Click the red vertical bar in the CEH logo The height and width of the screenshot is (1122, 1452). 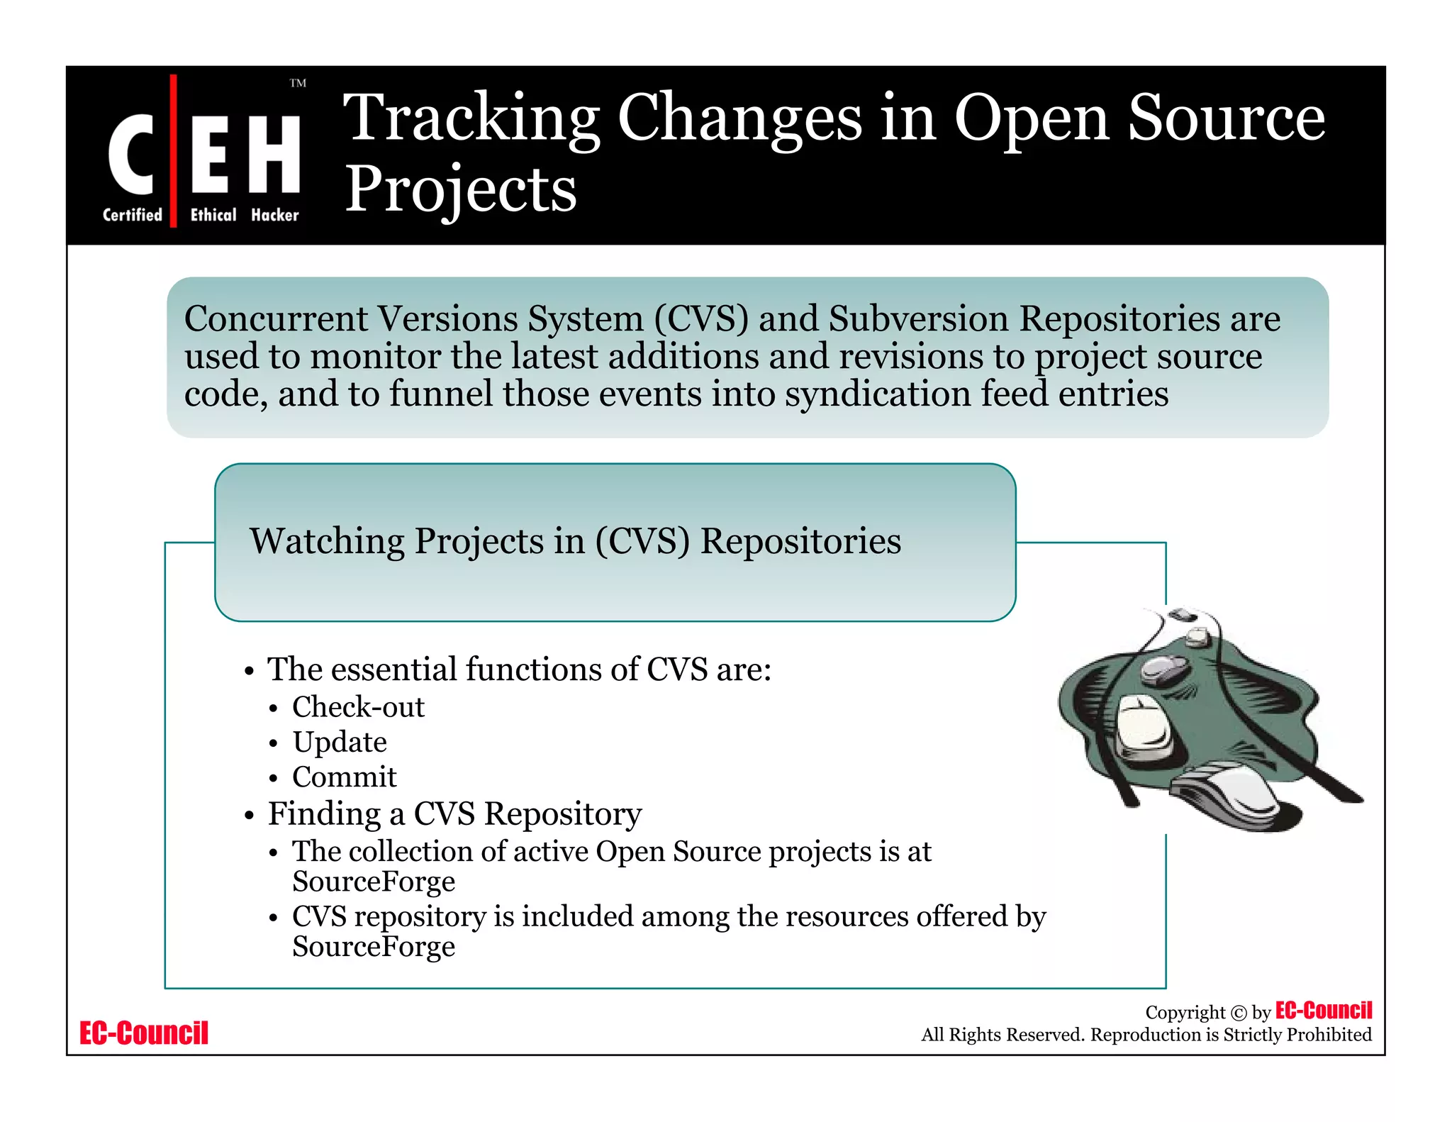[x=173, y=150]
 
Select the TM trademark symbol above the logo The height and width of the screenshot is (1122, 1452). [x=298, y=84]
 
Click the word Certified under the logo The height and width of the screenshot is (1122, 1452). [x=133, y=215]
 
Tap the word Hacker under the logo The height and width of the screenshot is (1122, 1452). [x=275, y=215]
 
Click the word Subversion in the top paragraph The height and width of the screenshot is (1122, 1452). [x=918, y=318]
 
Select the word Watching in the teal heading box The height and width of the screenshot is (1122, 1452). [x=327, y=541]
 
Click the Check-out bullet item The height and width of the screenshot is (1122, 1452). [x=358, y=707]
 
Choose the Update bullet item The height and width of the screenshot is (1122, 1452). [x=340, y=742]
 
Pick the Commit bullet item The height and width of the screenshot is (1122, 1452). [x=344, y=777]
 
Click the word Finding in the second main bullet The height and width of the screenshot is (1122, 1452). [x=324, y=813]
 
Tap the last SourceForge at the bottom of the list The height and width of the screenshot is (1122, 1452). [x=374, y=947]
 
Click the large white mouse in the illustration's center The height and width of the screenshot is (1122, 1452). [x=1143, y=727]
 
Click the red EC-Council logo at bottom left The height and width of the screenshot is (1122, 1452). [x=144, y=1033]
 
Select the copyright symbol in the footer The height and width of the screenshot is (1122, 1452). [x=1238, y=1013]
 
